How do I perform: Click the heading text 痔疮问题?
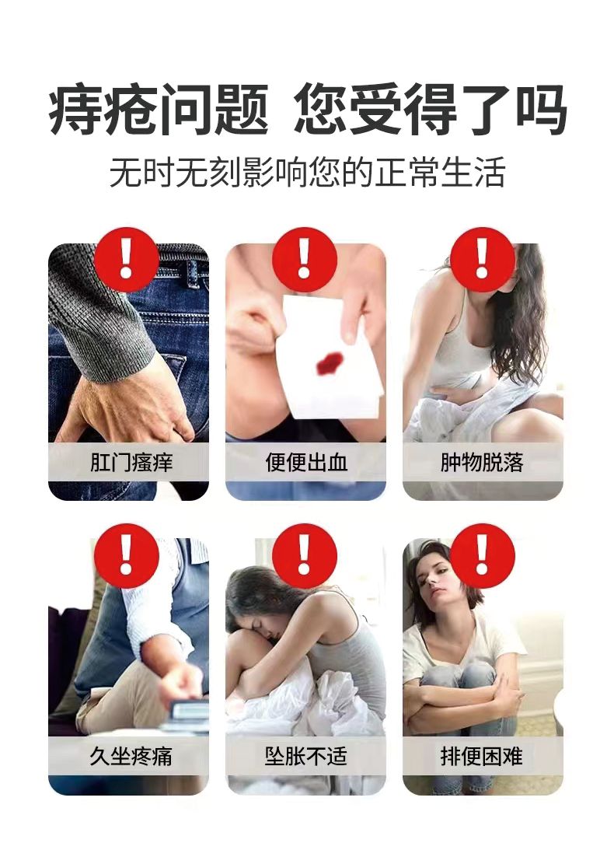click(159, 109)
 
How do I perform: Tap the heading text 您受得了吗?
click(431, 109)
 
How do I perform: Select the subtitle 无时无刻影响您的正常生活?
click(307, 173)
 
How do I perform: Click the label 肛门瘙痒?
click(131, 462)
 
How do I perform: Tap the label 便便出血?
click(306, 462)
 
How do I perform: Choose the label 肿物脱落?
click(482, 462)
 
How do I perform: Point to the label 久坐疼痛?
click(131, 756)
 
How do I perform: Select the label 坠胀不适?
click(306, 756)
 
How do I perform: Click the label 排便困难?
click(482, 756)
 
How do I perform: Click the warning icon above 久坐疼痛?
click(127, 556)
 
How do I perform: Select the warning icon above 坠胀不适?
click(305, 556)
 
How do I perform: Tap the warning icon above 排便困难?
click(483, 556)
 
